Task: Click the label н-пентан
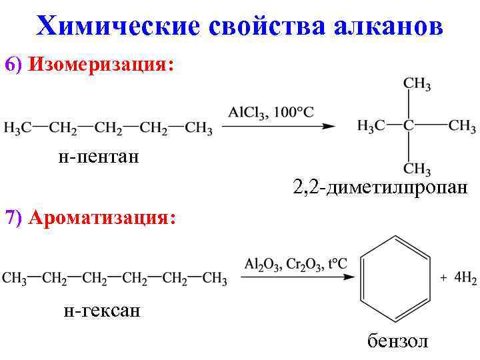click(98, 157)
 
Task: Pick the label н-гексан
click(101, 310)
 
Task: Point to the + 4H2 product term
click(457, 278)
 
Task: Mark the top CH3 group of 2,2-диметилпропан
click(417, 85)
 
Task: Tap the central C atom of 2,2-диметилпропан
click(408, 126)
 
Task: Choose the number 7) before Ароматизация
click(13, 218)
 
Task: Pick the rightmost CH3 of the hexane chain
click(215, 278)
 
